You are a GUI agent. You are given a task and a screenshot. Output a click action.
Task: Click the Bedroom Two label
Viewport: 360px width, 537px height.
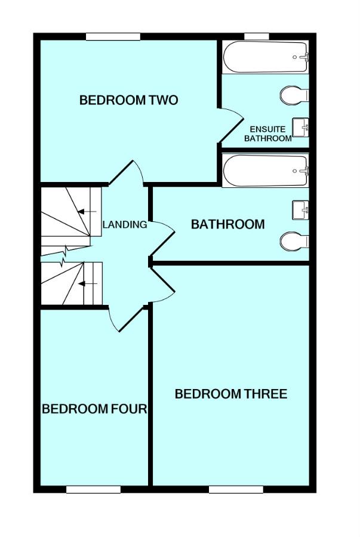(128, 100)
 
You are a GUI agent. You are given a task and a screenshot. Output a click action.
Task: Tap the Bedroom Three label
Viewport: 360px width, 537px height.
(230, 394)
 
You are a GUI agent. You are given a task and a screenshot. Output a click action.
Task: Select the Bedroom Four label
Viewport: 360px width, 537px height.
(94, 409)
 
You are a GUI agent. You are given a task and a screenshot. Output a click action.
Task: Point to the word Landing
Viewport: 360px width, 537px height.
(125, 225)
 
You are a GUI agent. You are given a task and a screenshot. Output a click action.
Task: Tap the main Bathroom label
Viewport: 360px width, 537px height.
(227, 224)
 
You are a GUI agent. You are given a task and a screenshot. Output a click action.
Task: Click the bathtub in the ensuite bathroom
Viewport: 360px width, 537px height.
(266, 57)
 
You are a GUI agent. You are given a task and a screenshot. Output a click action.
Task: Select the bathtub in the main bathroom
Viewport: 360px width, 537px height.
(266, 171)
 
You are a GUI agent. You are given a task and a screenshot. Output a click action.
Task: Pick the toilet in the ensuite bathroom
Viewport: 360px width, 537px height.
(294, 94)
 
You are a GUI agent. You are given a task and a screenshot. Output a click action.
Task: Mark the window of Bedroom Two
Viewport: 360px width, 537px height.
(113, 37)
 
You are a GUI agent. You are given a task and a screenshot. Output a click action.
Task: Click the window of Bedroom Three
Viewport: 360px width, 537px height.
(236, 490)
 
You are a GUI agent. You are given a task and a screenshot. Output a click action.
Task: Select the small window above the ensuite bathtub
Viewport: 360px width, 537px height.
(257, 37)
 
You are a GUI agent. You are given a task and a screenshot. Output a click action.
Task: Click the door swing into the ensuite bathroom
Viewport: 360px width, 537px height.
(230, 125)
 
